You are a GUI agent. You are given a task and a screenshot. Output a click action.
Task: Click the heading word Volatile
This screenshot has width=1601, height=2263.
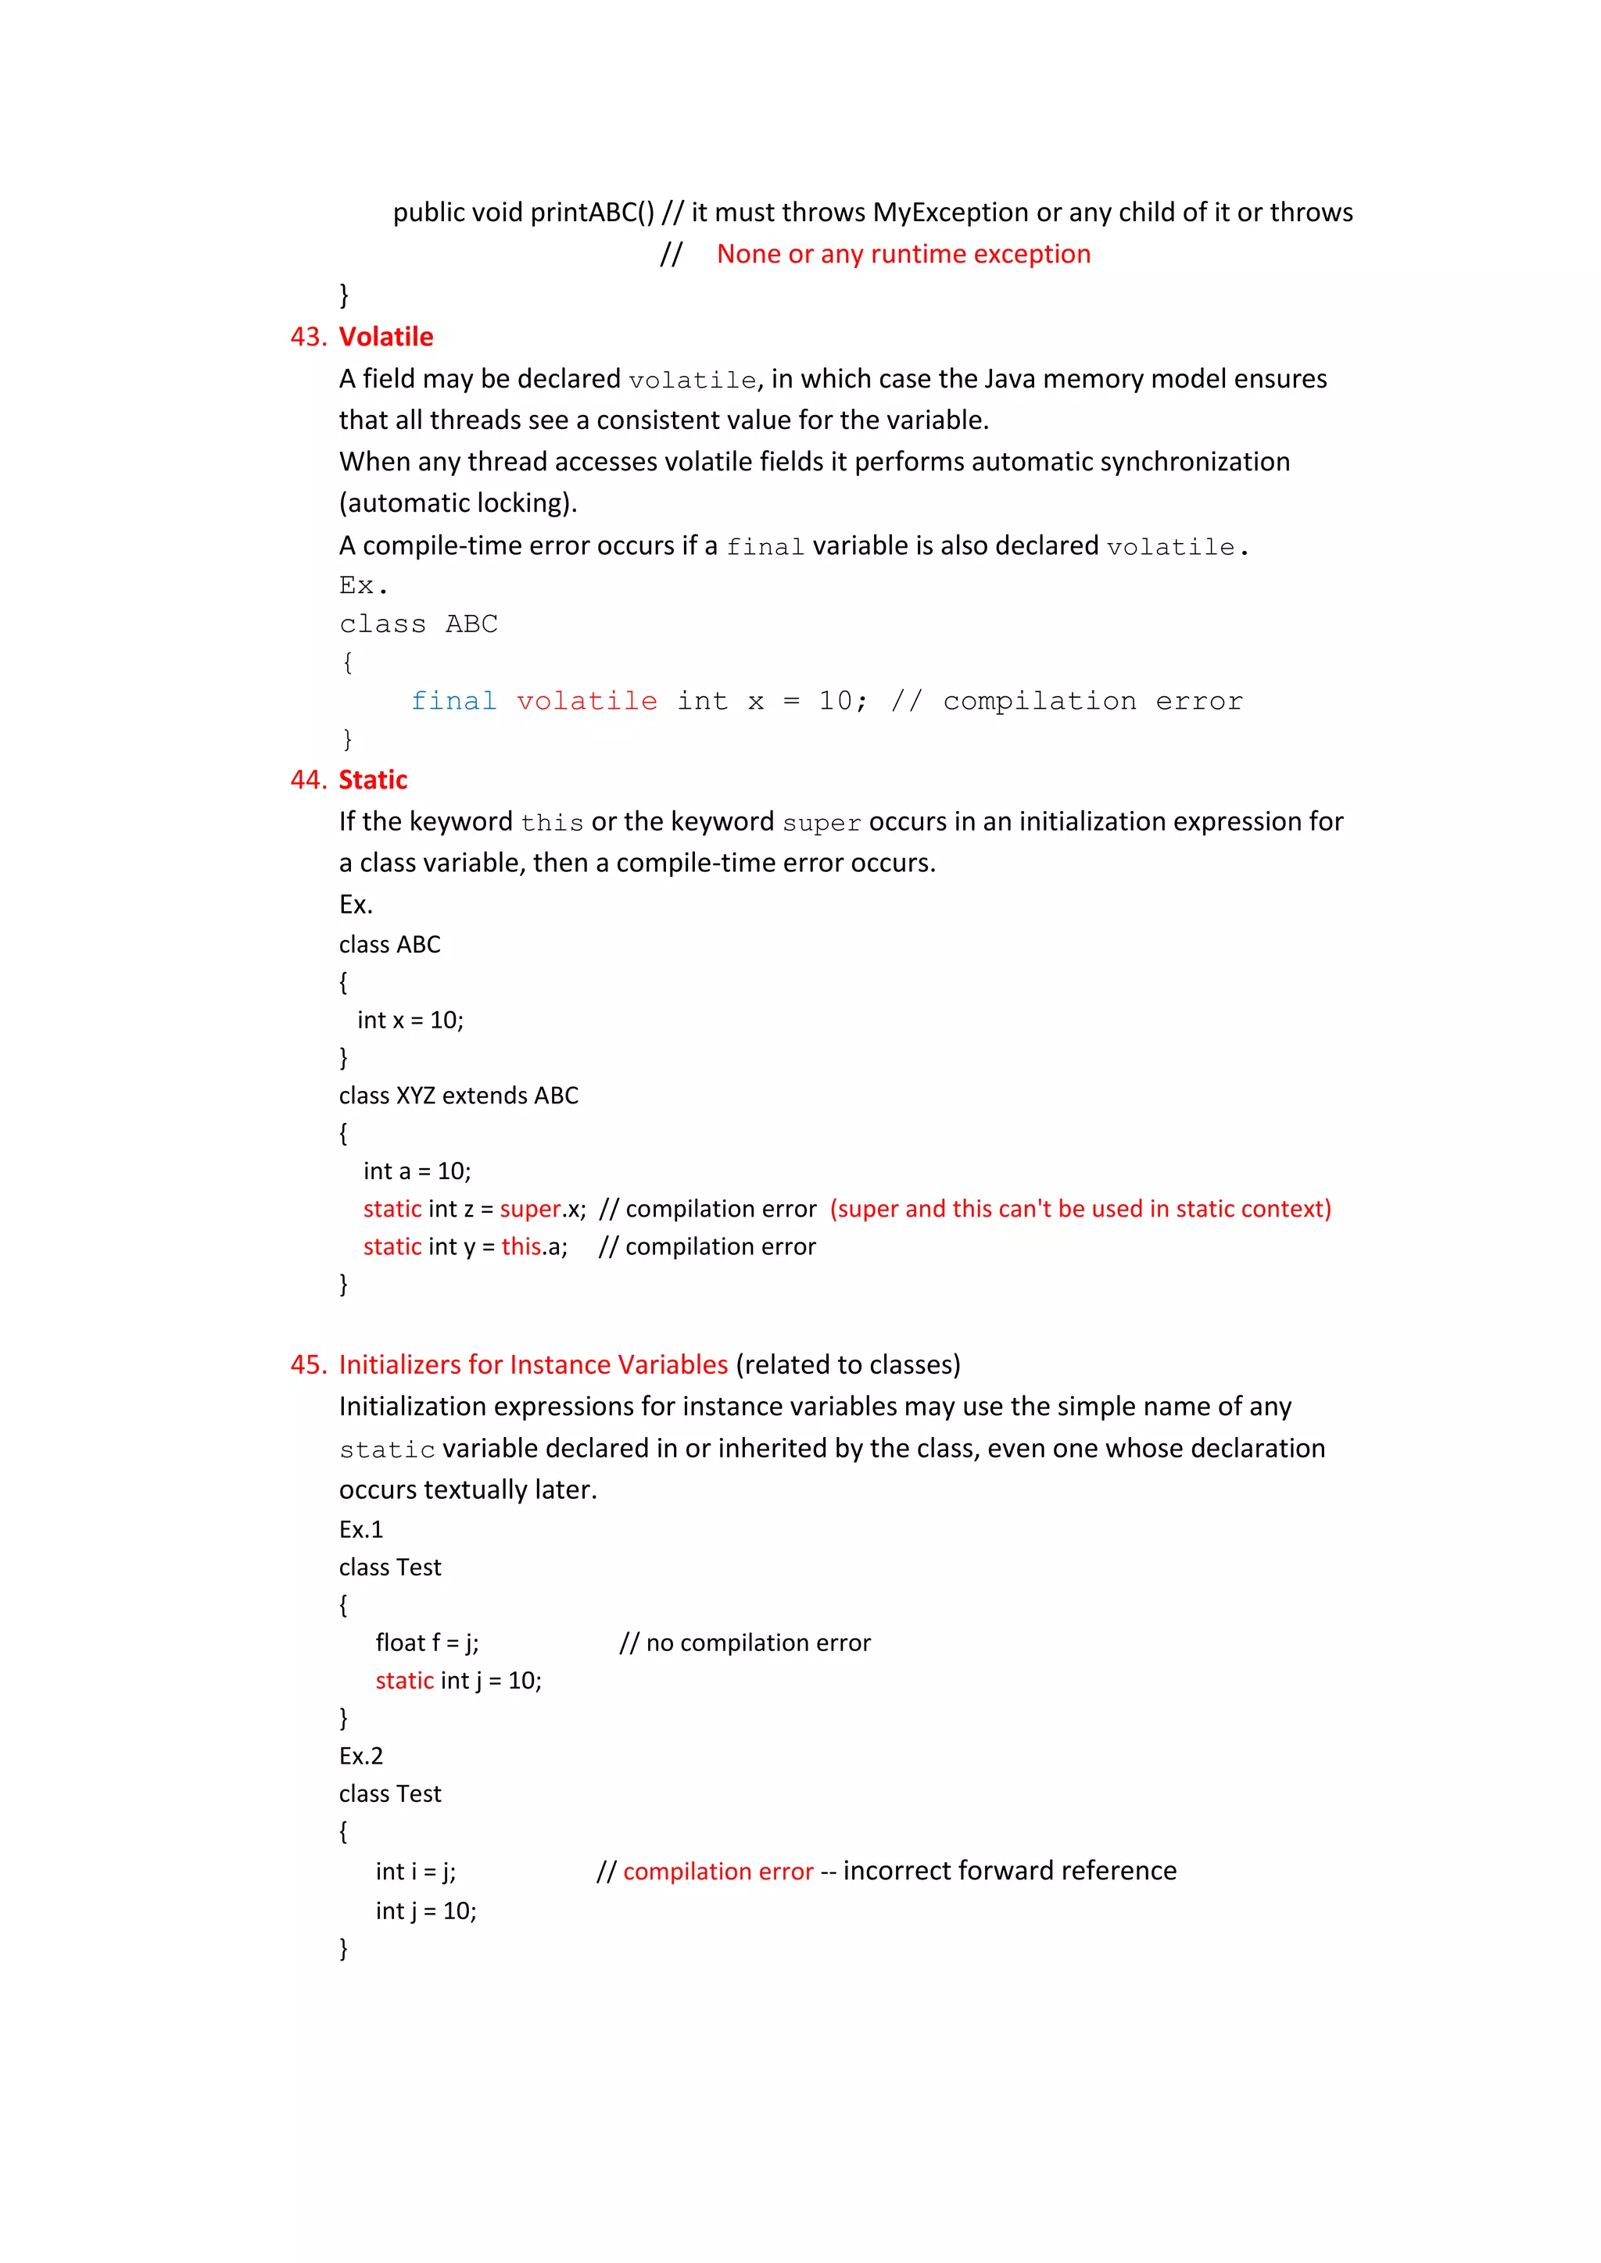(x=385, y=337)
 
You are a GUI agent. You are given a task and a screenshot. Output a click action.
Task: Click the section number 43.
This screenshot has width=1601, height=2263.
(x=306, y=337)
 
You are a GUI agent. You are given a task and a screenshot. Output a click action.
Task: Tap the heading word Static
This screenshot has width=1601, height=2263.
(x=373, y=780)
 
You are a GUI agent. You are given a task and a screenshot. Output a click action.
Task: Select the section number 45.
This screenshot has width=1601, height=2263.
(x=306, y=1364)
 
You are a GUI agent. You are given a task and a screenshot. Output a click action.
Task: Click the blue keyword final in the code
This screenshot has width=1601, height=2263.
(x=453, y=701)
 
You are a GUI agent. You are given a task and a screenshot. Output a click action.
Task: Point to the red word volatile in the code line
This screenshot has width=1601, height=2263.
(x=586, y=701)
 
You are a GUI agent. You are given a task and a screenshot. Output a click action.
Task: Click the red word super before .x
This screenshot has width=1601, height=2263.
(x=529, y=1210)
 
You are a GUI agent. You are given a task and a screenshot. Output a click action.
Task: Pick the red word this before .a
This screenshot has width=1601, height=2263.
(x=521, y=1247)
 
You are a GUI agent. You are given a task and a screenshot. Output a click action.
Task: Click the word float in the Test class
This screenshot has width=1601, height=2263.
(x=400, y=1643)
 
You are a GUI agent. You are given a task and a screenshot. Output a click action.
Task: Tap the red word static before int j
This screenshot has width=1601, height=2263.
(x=404, y=1681)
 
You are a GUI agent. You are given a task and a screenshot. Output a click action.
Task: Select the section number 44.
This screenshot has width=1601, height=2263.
(x=306, y=780)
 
